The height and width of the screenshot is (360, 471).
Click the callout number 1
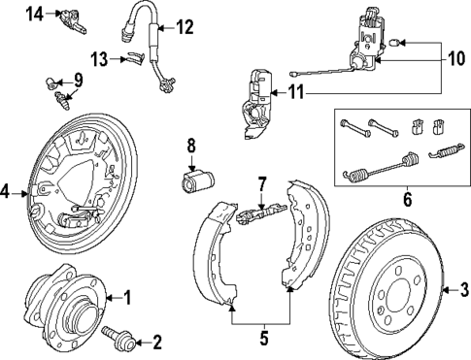tap(124, 299)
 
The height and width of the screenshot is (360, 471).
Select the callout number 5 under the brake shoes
tap(263, 341)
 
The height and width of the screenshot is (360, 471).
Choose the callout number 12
tap(185, 25)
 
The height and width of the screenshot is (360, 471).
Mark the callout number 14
tap(9, 14)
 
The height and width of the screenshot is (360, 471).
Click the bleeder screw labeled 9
tap(60, 95)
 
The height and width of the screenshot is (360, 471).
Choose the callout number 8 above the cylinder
tap(191, 147)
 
